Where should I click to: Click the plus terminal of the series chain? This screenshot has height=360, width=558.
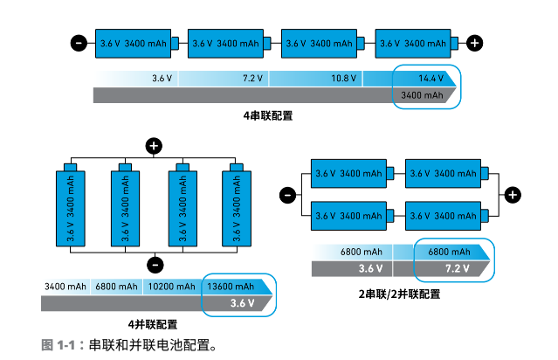474,43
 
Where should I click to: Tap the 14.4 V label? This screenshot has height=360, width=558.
431,79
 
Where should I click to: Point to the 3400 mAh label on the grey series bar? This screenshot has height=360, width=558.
422,95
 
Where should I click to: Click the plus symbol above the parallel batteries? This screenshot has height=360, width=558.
155,146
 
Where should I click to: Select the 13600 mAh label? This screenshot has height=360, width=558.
229,287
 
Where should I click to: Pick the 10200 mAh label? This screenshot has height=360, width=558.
171,287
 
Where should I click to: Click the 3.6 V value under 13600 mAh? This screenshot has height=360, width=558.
242,303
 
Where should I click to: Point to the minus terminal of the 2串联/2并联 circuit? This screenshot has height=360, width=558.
286,195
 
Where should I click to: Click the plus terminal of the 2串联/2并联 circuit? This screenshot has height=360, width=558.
513,195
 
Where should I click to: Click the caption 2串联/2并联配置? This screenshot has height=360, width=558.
399,294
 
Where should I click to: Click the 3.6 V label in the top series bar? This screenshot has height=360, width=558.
162,79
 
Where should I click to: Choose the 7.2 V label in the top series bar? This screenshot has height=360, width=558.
252,79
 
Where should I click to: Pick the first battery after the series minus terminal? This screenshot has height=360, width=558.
133,43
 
